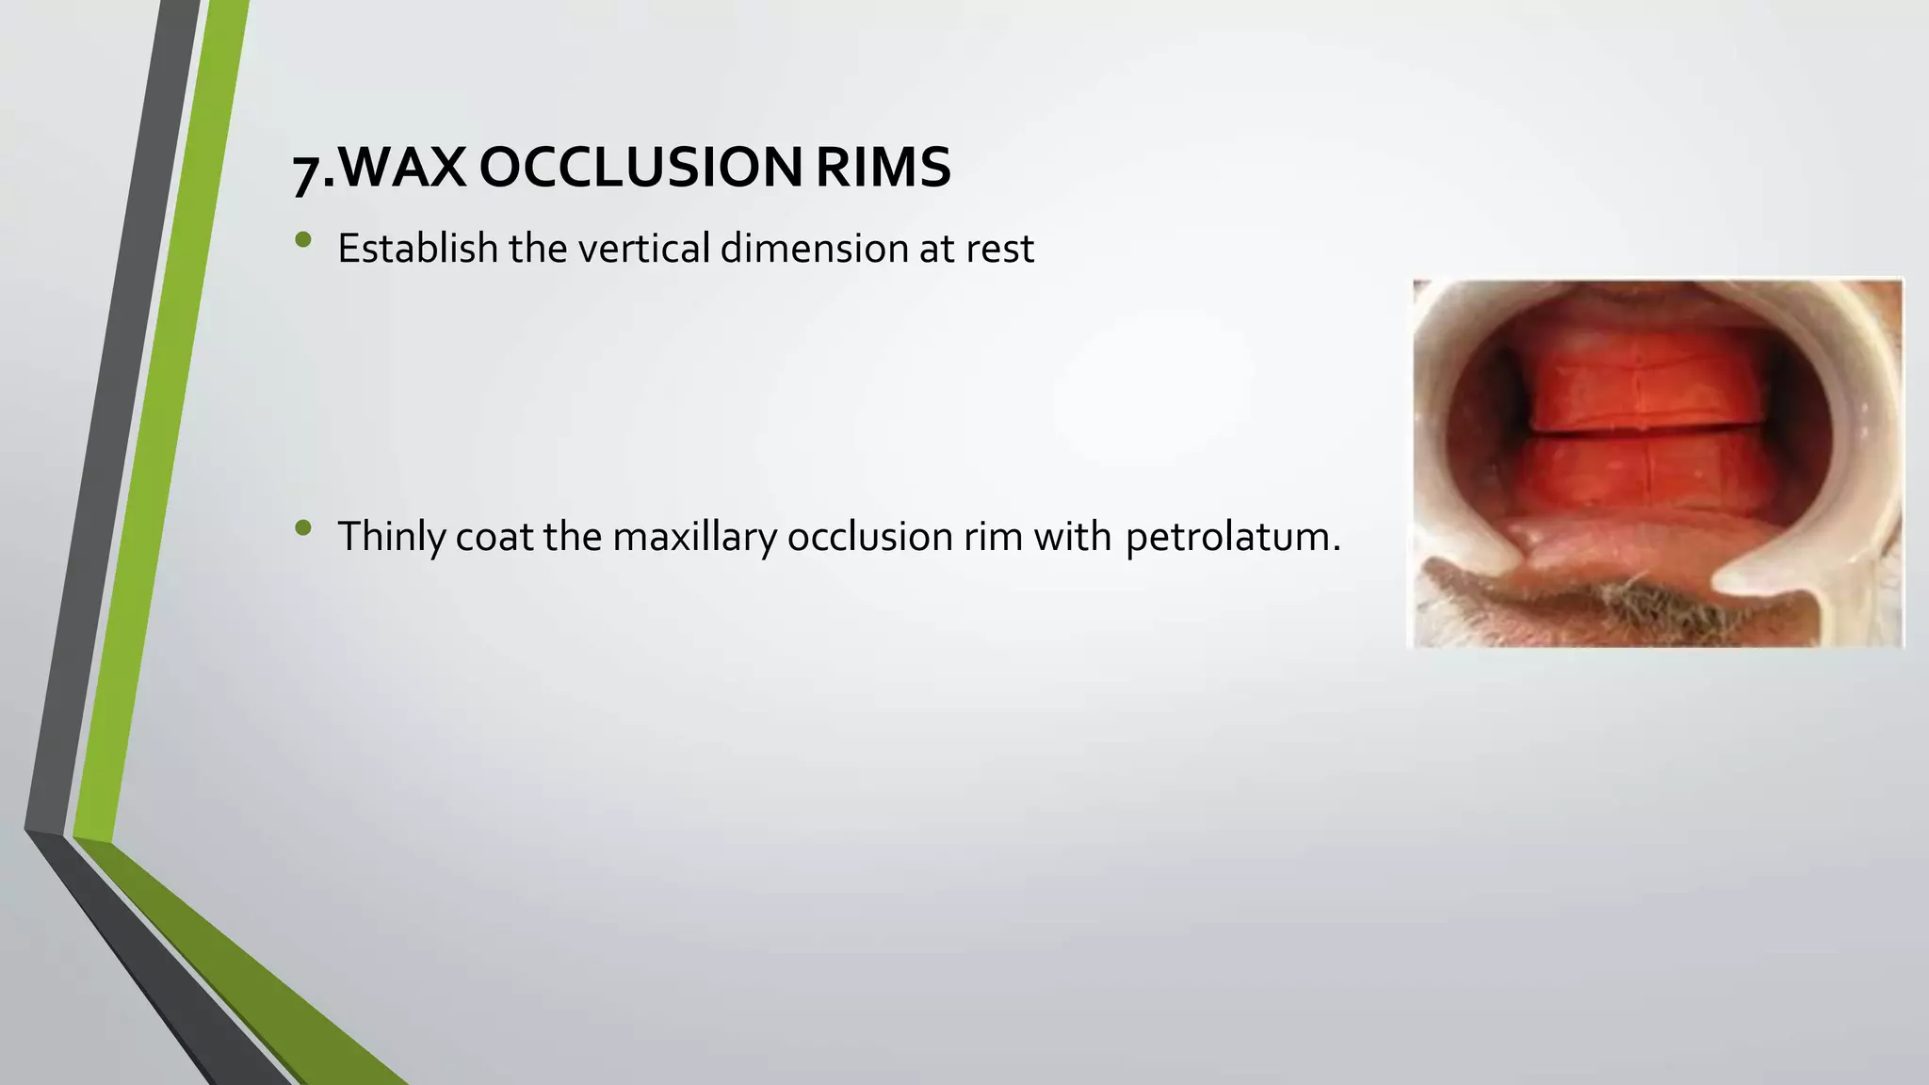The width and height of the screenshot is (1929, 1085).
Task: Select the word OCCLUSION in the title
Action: [x=640, y=169]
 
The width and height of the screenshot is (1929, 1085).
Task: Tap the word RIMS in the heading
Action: [x=883, y=169]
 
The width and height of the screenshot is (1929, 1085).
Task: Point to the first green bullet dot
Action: [x=302, y=240]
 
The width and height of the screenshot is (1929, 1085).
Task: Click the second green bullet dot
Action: [x=302, y=528]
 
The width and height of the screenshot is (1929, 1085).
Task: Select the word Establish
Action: [x=417, y=249]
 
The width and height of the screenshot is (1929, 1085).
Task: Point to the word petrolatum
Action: [x=1231, y=537]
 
